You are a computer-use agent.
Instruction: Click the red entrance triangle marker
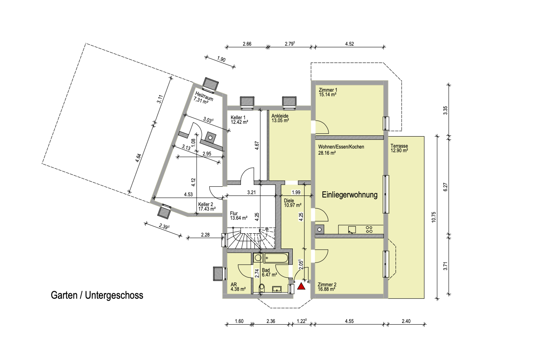pos(301,286)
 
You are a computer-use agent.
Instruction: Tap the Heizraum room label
pos(204,95)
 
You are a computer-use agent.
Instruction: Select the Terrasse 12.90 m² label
pos(399,148)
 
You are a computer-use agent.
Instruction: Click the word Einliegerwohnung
pos(350,195)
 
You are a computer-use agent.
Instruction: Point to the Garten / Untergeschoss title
pos(97,295)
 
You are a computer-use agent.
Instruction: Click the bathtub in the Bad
pos(276,258)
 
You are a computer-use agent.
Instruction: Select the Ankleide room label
pos(280,116)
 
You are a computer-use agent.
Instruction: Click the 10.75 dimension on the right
pos(433,217)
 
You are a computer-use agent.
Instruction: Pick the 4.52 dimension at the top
pos(350,44)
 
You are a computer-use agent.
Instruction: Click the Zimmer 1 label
pos(328,90)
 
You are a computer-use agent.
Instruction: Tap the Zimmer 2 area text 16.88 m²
pos(326,289)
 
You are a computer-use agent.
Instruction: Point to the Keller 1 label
pos(238,118)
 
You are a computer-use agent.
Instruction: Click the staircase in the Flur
pos(251,238)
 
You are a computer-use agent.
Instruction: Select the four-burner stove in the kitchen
pos(369,230)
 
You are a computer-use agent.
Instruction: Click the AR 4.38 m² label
pos(238,287)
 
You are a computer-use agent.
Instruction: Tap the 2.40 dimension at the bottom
pos(406,321)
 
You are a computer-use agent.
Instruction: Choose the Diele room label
pos(289,201)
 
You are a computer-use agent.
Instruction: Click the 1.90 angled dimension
pos(221,59)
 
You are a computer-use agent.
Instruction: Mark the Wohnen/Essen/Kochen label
pos(341,147)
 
